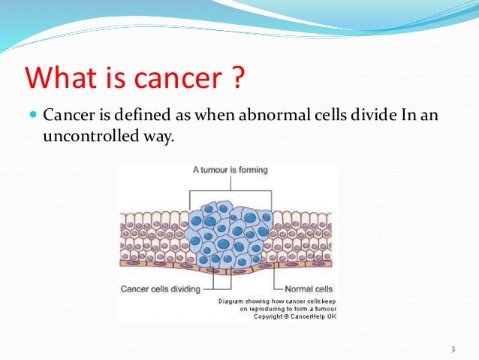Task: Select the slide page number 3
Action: (453, 349)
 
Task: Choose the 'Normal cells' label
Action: (309, 289)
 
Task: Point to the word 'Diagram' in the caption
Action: (233, 301)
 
